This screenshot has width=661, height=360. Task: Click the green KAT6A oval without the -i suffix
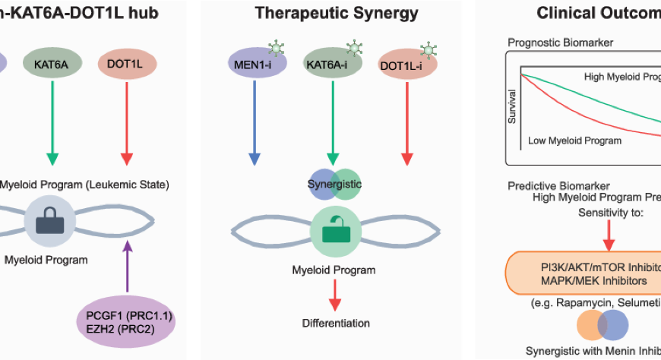click(x=52, y=62)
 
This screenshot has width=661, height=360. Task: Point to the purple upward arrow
click(x=128, y=266)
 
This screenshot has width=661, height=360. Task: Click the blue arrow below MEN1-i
click(x=255, y=122)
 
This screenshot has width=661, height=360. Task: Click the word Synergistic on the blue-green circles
click(x=334, y=185)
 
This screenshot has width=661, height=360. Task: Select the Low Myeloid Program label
click(x=574, y=141)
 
